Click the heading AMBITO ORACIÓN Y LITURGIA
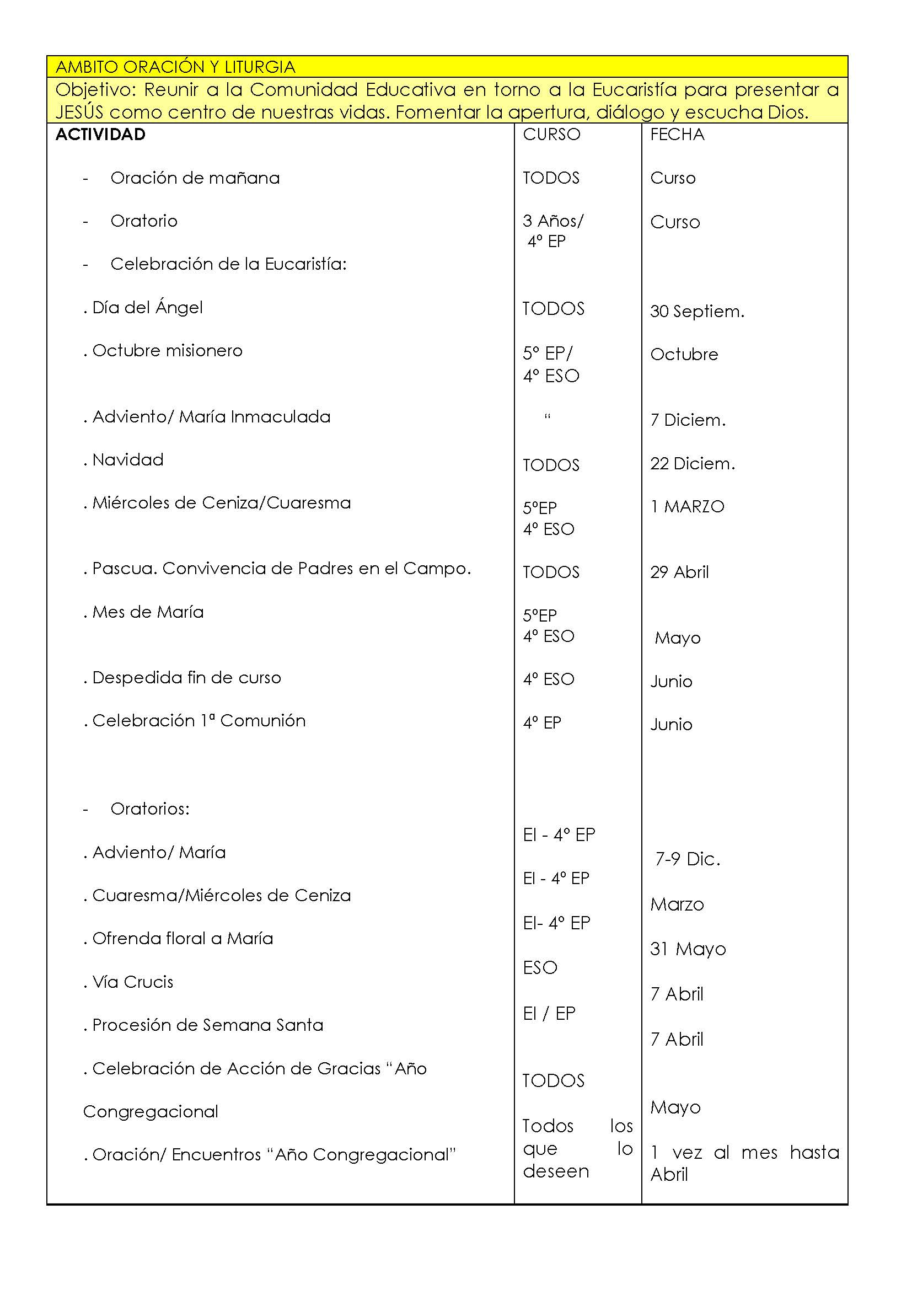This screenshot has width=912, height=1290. pyautogui.click(x=175, y=67)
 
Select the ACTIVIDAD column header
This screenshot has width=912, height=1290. pyautogui.click(x=100, y=134)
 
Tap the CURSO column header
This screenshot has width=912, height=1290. pyautogui.click(x=551, y=134)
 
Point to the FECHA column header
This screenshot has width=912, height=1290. pyautogui.click(x=677, y=134)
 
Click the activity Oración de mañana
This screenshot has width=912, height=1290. pyautogui.click(x=195, y=178)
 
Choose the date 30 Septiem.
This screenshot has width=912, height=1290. pyautogui.click(x=697, y=311)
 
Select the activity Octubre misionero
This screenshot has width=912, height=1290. pyautogui.click(x=168, y=351)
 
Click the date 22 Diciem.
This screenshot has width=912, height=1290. pyautogui.click(x=693, y=463)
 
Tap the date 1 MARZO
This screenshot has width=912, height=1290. pyautogui.click(x=688, y=507)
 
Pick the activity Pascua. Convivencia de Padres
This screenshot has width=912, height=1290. pyautogui.click(x=281, y=569)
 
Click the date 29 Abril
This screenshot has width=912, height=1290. pyautogui.click(x=679, y=572)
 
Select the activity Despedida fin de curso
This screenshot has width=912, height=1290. pyautogui.click(x=186, y=678)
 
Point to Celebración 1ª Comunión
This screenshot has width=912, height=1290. pyautogui.click(x=199, y=721)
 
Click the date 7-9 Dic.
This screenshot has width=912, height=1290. pyautogui.click(x=688, y=859)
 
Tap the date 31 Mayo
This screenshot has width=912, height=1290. pyautogui.click(x=688, y=949)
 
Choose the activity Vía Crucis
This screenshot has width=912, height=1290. pyautogui.click(x=132, y=982)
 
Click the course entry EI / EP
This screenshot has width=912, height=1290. pyautogui.click(x=549, y=1013)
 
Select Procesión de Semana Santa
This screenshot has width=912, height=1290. pyautogui.click(x=208, y=1025)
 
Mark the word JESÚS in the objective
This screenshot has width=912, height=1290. pyautogui.click(x=79, y=113)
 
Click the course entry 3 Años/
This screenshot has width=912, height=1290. pyautogui.click(x=553, y=221)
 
